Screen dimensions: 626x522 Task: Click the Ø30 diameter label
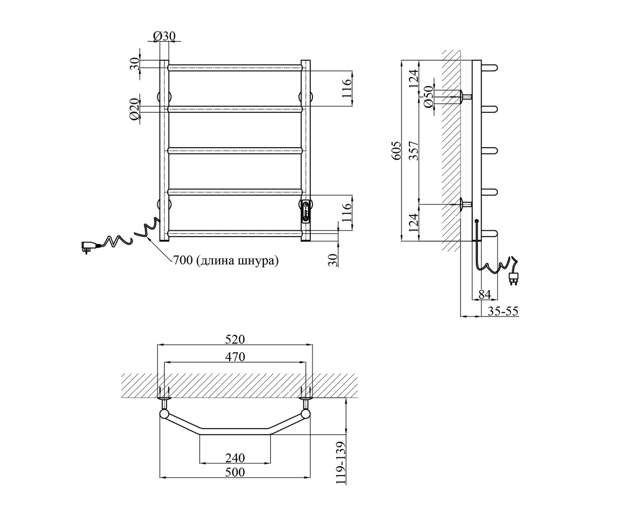coord(164,37)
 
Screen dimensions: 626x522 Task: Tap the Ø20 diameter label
coord(135,109)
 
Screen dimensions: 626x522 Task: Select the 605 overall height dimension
coord(396,151)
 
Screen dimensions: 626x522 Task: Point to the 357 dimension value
coord(414,151)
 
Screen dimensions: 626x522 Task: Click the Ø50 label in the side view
coord(429,96)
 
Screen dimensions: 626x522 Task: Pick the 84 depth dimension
coord(485,294)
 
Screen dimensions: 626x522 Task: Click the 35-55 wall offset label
coord(503,311)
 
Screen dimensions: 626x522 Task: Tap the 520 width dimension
coord(235,339)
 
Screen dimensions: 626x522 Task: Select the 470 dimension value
coord(235,357)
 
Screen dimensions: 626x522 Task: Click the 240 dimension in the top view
coord(235,458)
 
